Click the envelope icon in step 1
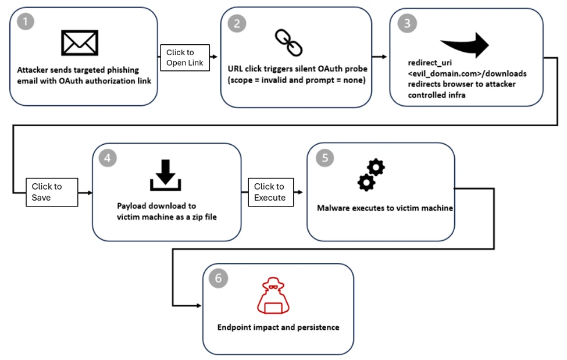point(80,43)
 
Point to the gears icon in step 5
point(370,175)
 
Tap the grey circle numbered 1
point(26,22)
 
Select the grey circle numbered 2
point(236,23)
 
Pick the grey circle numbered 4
point(108,158)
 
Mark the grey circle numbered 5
point(323,158)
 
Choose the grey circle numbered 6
point(218,279)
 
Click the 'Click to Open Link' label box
point(184,58)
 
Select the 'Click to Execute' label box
point(270,192)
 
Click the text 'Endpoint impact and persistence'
point(278,327)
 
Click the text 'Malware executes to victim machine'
point(384,208)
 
